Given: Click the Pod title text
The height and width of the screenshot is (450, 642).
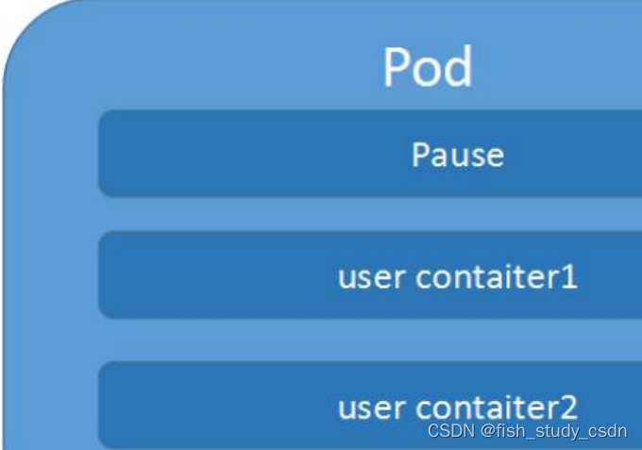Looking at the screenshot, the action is coord(428,68).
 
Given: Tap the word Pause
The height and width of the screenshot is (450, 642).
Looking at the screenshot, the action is coord(458,154).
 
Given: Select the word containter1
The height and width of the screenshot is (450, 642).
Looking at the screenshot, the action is coord(497,277).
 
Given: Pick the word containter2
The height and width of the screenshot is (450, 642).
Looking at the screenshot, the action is coord(497,408).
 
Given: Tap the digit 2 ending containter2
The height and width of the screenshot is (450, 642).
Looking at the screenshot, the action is coord(568,408).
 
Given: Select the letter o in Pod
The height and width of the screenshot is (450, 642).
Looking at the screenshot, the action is coord(427,72).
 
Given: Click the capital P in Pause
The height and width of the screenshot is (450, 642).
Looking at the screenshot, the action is coord(419,154).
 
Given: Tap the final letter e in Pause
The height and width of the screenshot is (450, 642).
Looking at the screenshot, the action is coord(495,156).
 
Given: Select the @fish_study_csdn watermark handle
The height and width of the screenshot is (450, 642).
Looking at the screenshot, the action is coord(551,431).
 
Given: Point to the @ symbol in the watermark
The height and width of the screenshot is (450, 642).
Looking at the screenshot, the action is coord(482,431).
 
